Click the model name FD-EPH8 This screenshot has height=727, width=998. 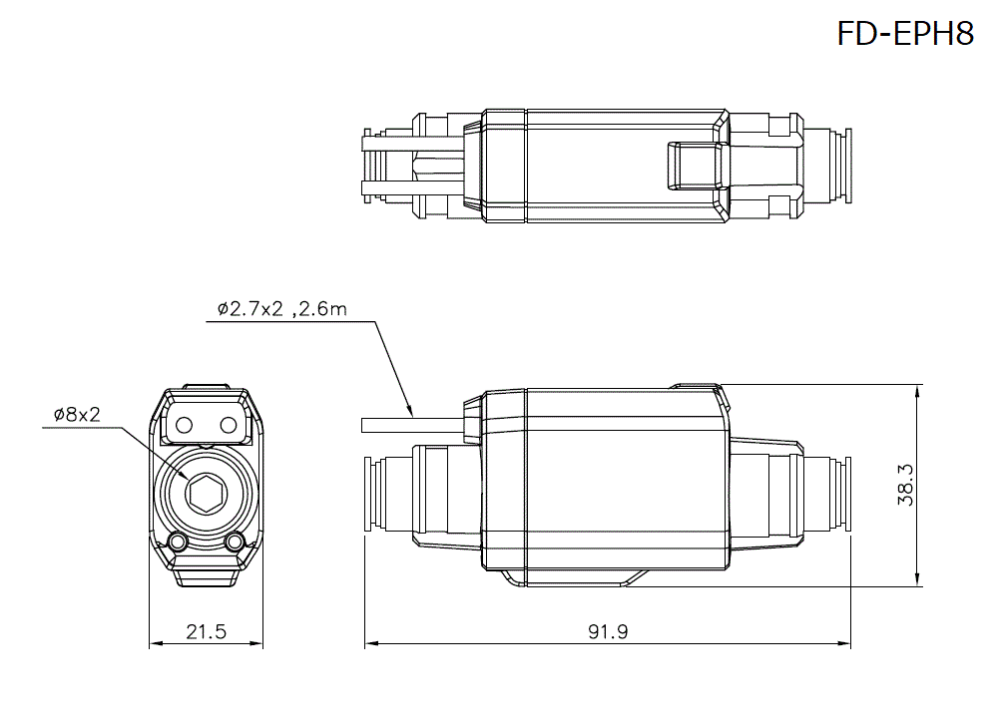905,34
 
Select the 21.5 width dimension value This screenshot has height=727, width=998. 207,631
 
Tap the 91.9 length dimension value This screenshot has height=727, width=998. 608,631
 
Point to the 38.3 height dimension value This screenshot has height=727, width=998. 906,486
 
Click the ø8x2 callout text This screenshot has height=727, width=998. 77,415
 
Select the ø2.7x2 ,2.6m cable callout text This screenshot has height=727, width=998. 282,309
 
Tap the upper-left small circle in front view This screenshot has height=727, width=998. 183,426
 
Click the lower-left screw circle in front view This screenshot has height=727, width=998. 179,542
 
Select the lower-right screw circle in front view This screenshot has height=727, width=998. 236,542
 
